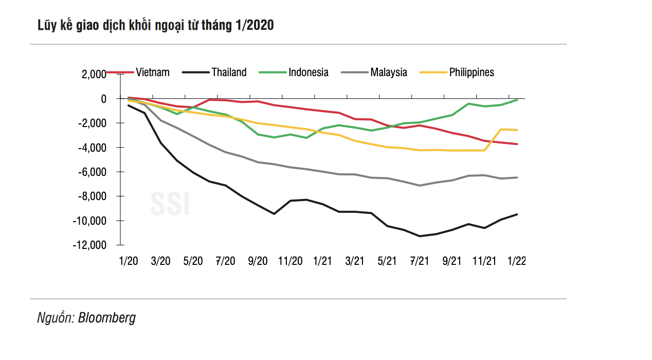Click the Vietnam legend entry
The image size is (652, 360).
tap(152, 73)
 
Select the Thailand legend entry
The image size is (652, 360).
tap(229, 73)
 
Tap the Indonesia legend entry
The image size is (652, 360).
tap(308, 73)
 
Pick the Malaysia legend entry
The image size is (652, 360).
tap(388, 73)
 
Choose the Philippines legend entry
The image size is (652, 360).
tap(472, 73)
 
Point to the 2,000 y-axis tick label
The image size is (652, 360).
tap(93, 75)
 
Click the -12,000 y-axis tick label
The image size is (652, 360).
tap(90, 245)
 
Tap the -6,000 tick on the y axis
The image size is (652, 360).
tap(92, 172)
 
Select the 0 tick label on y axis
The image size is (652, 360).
tap(103, 98)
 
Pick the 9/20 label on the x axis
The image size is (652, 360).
tap(258, 261)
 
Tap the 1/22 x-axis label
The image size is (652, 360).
tap(516, 261)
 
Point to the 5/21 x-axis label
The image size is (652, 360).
tap(387, 261)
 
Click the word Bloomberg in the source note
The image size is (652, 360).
tap(107, 317)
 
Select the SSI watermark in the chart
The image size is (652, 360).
tap(170, 204)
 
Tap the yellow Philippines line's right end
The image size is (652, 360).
tap(517, 130)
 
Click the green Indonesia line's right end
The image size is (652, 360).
tap(517, 100)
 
